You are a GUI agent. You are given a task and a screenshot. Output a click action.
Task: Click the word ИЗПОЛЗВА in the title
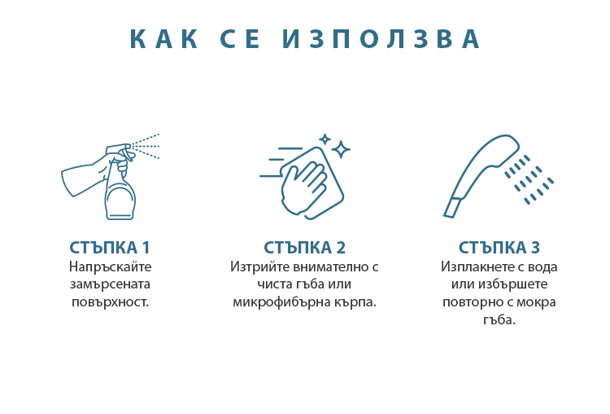pyautogui.click(x=381, y=39)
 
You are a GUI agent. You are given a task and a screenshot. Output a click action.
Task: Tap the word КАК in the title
pyautogui.click(x=163, y=39)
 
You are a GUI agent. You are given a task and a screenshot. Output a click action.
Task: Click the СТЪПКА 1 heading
pyautogui.click(x=110, y=248)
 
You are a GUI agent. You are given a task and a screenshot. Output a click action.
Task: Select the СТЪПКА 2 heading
pyautogui.click(x=305, y=248)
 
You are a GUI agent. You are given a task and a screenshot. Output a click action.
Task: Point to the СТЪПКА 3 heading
pyautogui.click(x=499, y=248)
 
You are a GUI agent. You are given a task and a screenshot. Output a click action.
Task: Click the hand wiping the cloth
pyautogui.click(x=303, y=188)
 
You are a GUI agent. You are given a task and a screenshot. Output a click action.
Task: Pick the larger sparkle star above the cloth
pyautogui.click(x=341, y=149)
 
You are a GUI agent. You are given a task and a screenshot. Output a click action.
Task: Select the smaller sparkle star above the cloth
pyautogui.click(x=325, y=139)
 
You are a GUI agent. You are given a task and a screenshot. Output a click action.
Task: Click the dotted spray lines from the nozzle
pyautogui.click(x=146, y=146)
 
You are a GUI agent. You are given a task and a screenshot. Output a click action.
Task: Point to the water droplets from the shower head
pyautogui.click(x=529, y=179)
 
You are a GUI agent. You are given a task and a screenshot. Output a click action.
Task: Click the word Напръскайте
pyautogui.click(x=110, y=267)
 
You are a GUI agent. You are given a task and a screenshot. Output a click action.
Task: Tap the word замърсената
pyautogui.click(x=110, y=284)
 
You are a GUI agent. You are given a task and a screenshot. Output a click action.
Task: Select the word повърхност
pyautogui.click(x=109, y=302)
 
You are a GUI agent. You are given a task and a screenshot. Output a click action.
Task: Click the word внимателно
pyautogui.click(x=331, y=266)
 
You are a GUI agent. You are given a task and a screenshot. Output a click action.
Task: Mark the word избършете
pyautogui.click(x=512, y=284)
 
